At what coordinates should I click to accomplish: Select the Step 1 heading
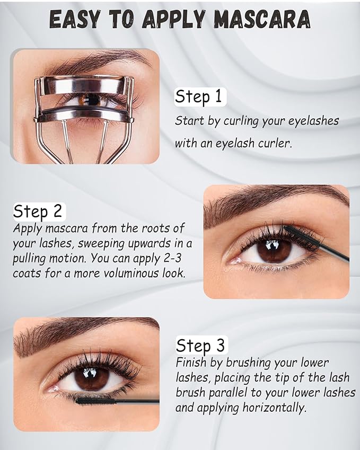pyautogui.click(x=200, y=97)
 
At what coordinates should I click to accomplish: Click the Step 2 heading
pyautogui.click(x=38, y=211)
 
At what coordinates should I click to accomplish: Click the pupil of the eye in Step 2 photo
pyautogui.click(x=274, y=249)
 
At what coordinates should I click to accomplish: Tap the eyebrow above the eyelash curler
pyautogui.click(x=101, y=64)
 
